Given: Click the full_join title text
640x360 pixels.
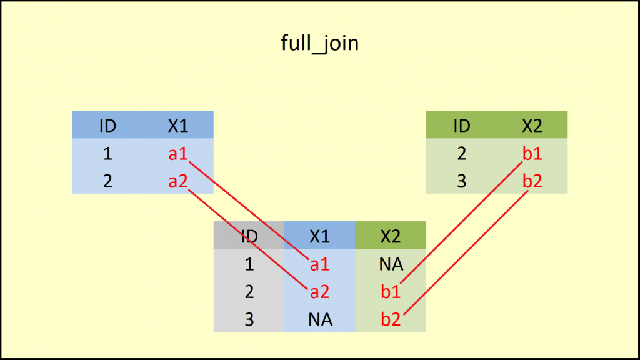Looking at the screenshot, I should coord(319,44).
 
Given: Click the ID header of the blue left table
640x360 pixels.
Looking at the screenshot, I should coord(107,126).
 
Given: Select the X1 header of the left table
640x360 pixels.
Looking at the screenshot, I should coord(178,126).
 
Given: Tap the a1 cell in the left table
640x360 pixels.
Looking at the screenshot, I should coord(178,154).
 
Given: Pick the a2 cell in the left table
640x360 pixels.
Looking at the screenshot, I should coord(178,182).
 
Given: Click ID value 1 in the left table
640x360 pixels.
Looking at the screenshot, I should coord(107,154).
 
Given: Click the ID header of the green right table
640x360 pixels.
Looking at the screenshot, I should coord(461,126).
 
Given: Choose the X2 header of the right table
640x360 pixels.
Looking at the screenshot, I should coord(532,126).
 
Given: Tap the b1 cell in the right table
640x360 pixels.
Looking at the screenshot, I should coord(532,154).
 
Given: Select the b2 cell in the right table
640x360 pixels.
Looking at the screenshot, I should coord(532,182).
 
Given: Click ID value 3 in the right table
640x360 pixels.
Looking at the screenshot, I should coord(461,182).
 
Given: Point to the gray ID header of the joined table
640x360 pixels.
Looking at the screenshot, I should coord(249,236).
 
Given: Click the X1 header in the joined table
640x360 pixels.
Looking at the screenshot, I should coord(319,236).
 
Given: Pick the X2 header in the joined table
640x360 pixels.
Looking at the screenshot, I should coord(391,236).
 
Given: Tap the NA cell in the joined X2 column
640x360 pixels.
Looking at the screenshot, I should coord(391,264).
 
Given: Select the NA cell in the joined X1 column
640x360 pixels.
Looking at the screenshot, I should coord(319,320).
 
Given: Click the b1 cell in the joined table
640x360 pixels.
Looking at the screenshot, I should coord(391,292).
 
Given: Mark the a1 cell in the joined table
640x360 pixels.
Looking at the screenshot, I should coord(319,264).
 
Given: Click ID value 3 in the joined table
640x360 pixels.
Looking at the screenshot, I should coord(249,320).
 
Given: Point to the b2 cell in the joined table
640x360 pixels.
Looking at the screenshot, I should coord(391,320).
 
